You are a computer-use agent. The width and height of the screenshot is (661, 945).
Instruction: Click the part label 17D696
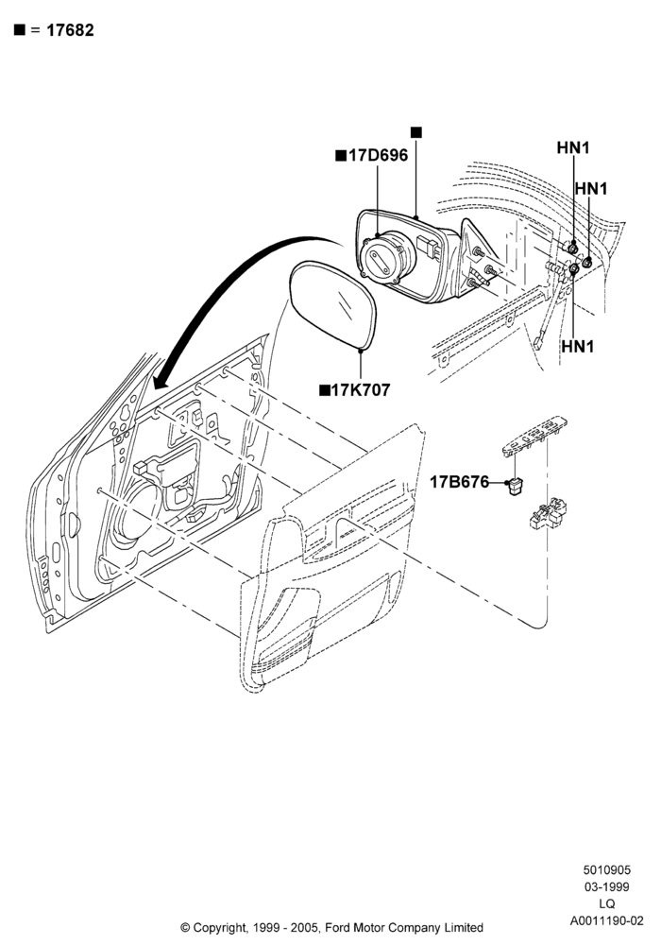point(378,156)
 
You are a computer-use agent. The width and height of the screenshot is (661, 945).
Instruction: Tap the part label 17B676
point(459,482)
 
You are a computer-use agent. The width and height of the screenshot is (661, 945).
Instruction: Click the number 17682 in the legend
point(70,30)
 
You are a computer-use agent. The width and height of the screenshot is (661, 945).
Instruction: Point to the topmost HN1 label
point(573,147)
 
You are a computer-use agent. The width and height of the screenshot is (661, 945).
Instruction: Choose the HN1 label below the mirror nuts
point(578,347)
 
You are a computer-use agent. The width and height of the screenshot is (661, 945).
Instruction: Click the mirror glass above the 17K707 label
point(333,304)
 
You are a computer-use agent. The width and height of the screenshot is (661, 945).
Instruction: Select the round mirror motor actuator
point(388,258)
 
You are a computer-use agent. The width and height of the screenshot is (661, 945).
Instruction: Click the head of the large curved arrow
point(161,381)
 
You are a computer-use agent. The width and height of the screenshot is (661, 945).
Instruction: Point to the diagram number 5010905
point(607,869)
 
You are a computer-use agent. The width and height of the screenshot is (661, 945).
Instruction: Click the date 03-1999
point(607,886)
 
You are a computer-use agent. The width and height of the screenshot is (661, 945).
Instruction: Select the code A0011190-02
point(607,920)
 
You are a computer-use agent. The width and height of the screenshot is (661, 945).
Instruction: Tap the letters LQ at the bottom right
point(607,904)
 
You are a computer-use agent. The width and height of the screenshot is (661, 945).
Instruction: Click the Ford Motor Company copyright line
point(331,927)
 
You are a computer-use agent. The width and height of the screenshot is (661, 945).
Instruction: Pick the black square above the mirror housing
point(416,132)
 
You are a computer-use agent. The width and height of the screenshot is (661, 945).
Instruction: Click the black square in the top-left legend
point(20,30)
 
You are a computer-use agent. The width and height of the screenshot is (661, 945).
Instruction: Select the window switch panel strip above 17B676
point(534,435)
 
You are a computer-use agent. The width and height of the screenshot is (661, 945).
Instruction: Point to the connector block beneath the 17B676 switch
point(548,513)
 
